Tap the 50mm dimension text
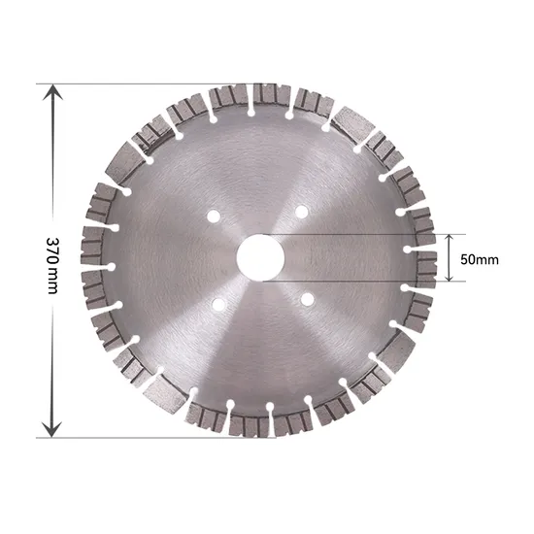(x=479, y=259)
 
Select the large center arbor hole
(x=258, y=259)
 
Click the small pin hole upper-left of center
(x=215, y=213)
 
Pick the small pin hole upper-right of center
(x=304, y=211)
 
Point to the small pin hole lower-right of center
(x=306, y=301)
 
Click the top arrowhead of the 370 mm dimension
(x=53, y=93)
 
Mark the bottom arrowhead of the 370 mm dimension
(x=53, y=427)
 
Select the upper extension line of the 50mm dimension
(x=369, y=233)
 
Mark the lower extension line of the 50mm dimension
(x=369, y=283)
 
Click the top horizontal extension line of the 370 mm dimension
(x=146, y=83)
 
